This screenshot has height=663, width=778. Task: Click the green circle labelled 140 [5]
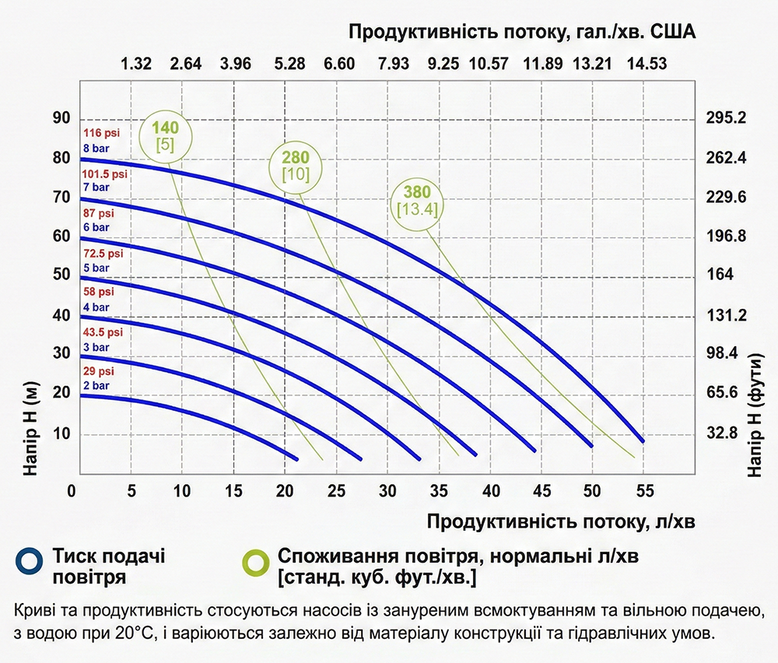pyautogui.click(x=165, y=135)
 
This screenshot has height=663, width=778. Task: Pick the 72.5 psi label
pyautogui.click(x=103, y=254)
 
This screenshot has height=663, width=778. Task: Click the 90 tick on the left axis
pyautogui.click(x=61, y=118)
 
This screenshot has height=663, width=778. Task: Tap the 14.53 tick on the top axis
pyautogui.click(x=644, y=64)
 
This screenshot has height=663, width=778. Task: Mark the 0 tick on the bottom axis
pyautogui.click(x=72, y=492)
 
